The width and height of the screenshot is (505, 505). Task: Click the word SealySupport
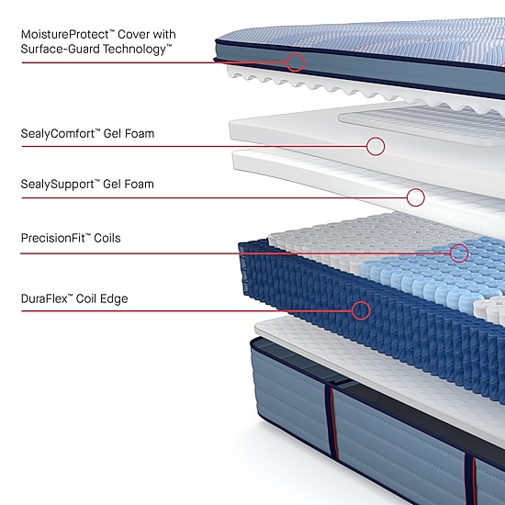(57, 185)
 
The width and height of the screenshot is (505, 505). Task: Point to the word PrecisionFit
(53, 238)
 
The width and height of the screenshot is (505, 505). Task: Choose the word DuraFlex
(44, 298)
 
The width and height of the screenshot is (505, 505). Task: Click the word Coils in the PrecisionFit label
(107, 239)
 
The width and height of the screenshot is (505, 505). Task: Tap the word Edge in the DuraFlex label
(114, 299)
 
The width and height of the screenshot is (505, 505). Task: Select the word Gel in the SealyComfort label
(112, 134)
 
